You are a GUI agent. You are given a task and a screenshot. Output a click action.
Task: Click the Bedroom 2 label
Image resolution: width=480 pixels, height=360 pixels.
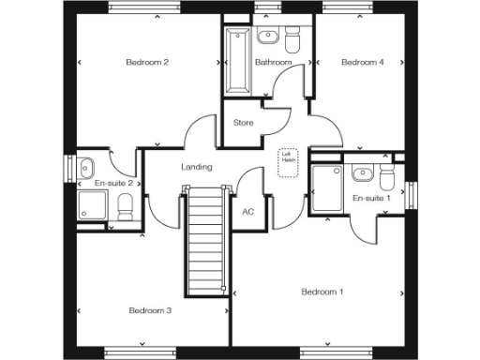coord(147,63)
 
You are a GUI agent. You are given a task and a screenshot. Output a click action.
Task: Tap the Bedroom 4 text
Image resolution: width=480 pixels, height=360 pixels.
coord(362,63)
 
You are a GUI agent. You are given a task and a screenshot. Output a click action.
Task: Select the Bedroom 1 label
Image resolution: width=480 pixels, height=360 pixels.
coord(322,292)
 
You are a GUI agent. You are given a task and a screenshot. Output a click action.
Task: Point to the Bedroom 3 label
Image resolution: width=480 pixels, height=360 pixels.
coord(150,310)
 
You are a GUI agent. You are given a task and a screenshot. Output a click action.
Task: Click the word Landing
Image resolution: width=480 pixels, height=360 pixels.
coord(196,167)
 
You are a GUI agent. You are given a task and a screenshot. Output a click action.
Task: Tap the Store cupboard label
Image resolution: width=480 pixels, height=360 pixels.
coord(244,122)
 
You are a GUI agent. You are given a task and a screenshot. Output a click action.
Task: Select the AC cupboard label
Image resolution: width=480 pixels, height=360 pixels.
coord(248,212)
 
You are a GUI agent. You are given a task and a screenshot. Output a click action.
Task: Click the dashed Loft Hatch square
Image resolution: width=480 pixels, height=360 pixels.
coord(288,160)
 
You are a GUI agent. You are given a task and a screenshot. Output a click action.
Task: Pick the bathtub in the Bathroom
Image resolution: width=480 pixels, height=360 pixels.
coord(236,61)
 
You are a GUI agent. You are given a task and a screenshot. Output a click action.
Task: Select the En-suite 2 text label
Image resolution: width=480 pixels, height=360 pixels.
coord(112,184)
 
